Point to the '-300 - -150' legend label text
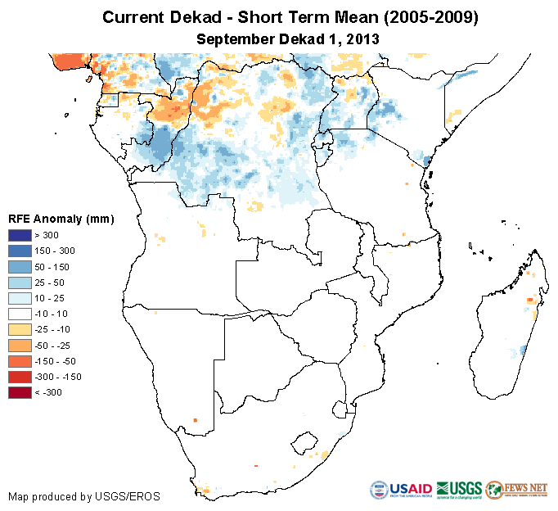pos(56,377)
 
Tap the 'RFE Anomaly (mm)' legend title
pos(61,219)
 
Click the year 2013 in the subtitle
pos(361,38)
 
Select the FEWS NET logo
pos(518,489)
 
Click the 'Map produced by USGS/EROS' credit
pos(84,496)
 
